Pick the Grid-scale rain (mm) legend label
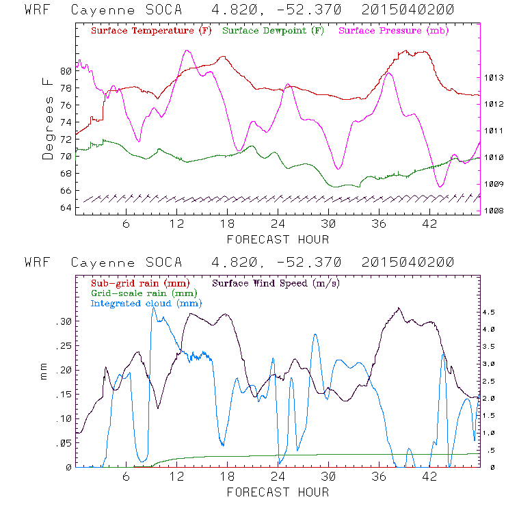[142, 293]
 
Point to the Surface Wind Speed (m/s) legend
[277, 282]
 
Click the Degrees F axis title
[47, 118]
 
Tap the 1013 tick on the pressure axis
[494, 79]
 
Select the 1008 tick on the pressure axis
[494, 211]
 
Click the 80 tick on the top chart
[66, 71]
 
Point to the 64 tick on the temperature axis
[66, 208]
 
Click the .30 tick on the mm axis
[62, 321]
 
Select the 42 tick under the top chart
[430, 224]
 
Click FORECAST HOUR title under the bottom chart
[278, 492]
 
